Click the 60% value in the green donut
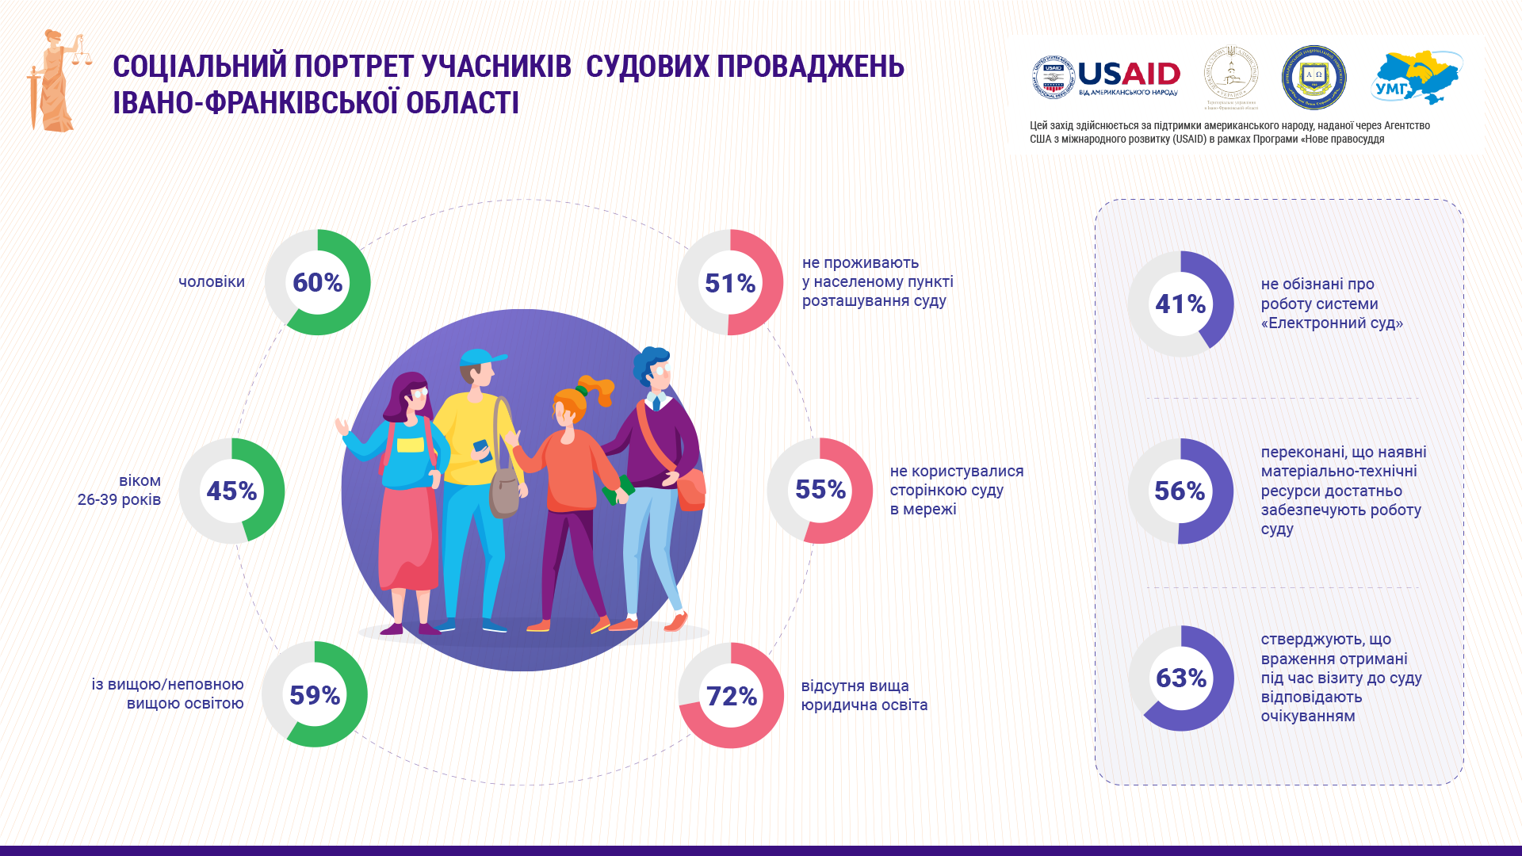tap(317, 282)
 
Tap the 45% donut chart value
tap(231, 491)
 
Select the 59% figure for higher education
tap(315, 695)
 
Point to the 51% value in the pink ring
tap(730, 283)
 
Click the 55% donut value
tap(820, 490)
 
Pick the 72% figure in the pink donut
tap(731, 696)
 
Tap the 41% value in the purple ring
tap(1180, 304)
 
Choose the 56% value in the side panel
tap(1180, 491)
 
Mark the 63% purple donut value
tap(1181, 678)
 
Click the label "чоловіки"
tap(212, 282)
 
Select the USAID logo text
tap(1129, 75)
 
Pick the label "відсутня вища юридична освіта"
tap(864, 695)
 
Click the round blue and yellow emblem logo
tap(1314, 78)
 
